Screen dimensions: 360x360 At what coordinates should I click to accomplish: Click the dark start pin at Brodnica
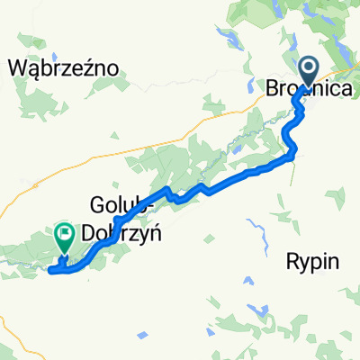click(308, 68)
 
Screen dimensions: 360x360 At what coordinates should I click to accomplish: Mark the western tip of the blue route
click(49, 269)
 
